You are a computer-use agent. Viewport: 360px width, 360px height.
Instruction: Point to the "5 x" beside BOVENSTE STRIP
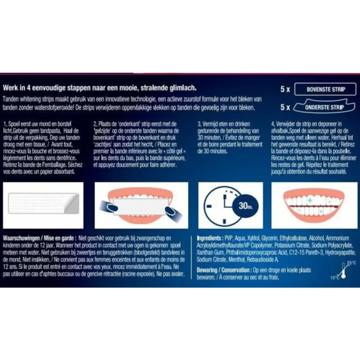click(285, 89)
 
